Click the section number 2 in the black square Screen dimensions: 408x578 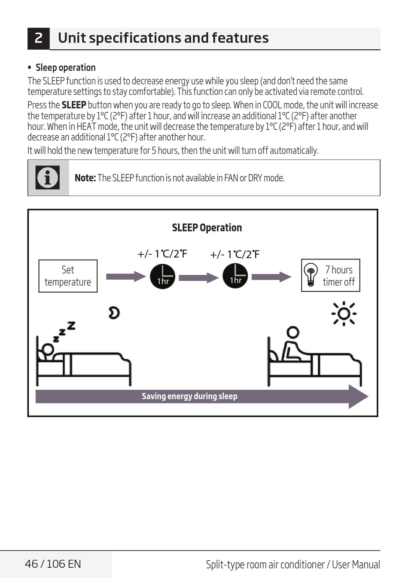point(38,38)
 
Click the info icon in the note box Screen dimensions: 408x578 point(48,178)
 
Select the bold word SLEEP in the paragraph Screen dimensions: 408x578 point(74,105)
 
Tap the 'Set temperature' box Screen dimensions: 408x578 point(68,276)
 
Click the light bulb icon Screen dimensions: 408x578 point(311,274)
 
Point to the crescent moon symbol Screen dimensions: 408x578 point(114,313)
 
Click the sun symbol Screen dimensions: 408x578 point(344,313)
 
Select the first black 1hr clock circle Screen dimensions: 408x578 point(162,277)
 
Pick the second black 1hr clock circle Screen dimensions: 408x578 point(235,276)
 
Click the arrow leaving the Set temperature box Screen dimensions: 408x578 point(126,277)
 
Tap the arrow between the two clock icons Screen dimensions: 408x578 point(199,278)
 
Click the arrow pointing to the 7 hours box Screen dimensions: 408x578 point(271,277)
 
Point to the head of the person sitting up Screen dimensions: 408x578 point(293,332)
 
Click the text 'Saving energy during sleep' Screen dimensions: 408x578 point(190,396)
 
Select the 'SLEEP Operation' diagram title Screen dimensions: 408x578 point(207,228)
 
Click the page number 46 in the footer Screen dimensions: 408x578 point(31,564)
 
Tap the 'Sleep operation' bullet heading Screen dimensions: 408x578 point(66,68)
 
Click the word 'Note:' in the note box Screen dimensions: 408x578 point(85,178)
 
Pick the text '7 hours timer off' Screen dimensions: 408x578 point(339,276)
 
